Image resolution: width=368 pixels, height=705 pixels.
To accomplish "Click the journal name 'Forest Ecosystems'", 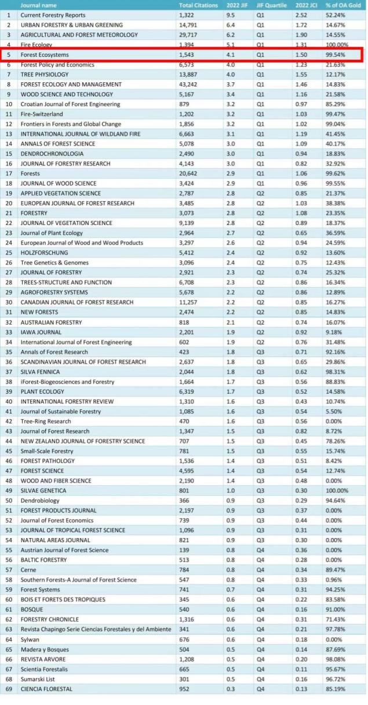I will [x=45, y=55].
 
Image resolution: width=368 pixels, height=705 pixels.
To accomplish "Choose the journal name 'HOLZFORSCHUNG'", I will [x=44, y=253].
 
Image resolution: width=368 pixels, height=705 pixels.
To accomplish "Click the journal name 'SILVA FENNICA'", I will [x=41, y=372].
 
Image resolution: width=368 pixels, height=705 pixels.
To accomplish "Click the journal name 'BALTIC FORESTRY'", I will [x=43, y=560].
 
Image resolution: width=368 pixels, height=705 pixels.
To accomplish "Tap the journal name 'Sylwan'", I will [x=30, y=639].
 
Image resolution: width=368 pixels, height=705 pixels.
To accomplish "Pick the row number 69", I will [x=9, y=689].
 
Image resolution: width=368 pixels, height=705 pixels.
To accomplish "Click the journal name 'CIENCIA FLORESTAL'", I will [x=46, y=689].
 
